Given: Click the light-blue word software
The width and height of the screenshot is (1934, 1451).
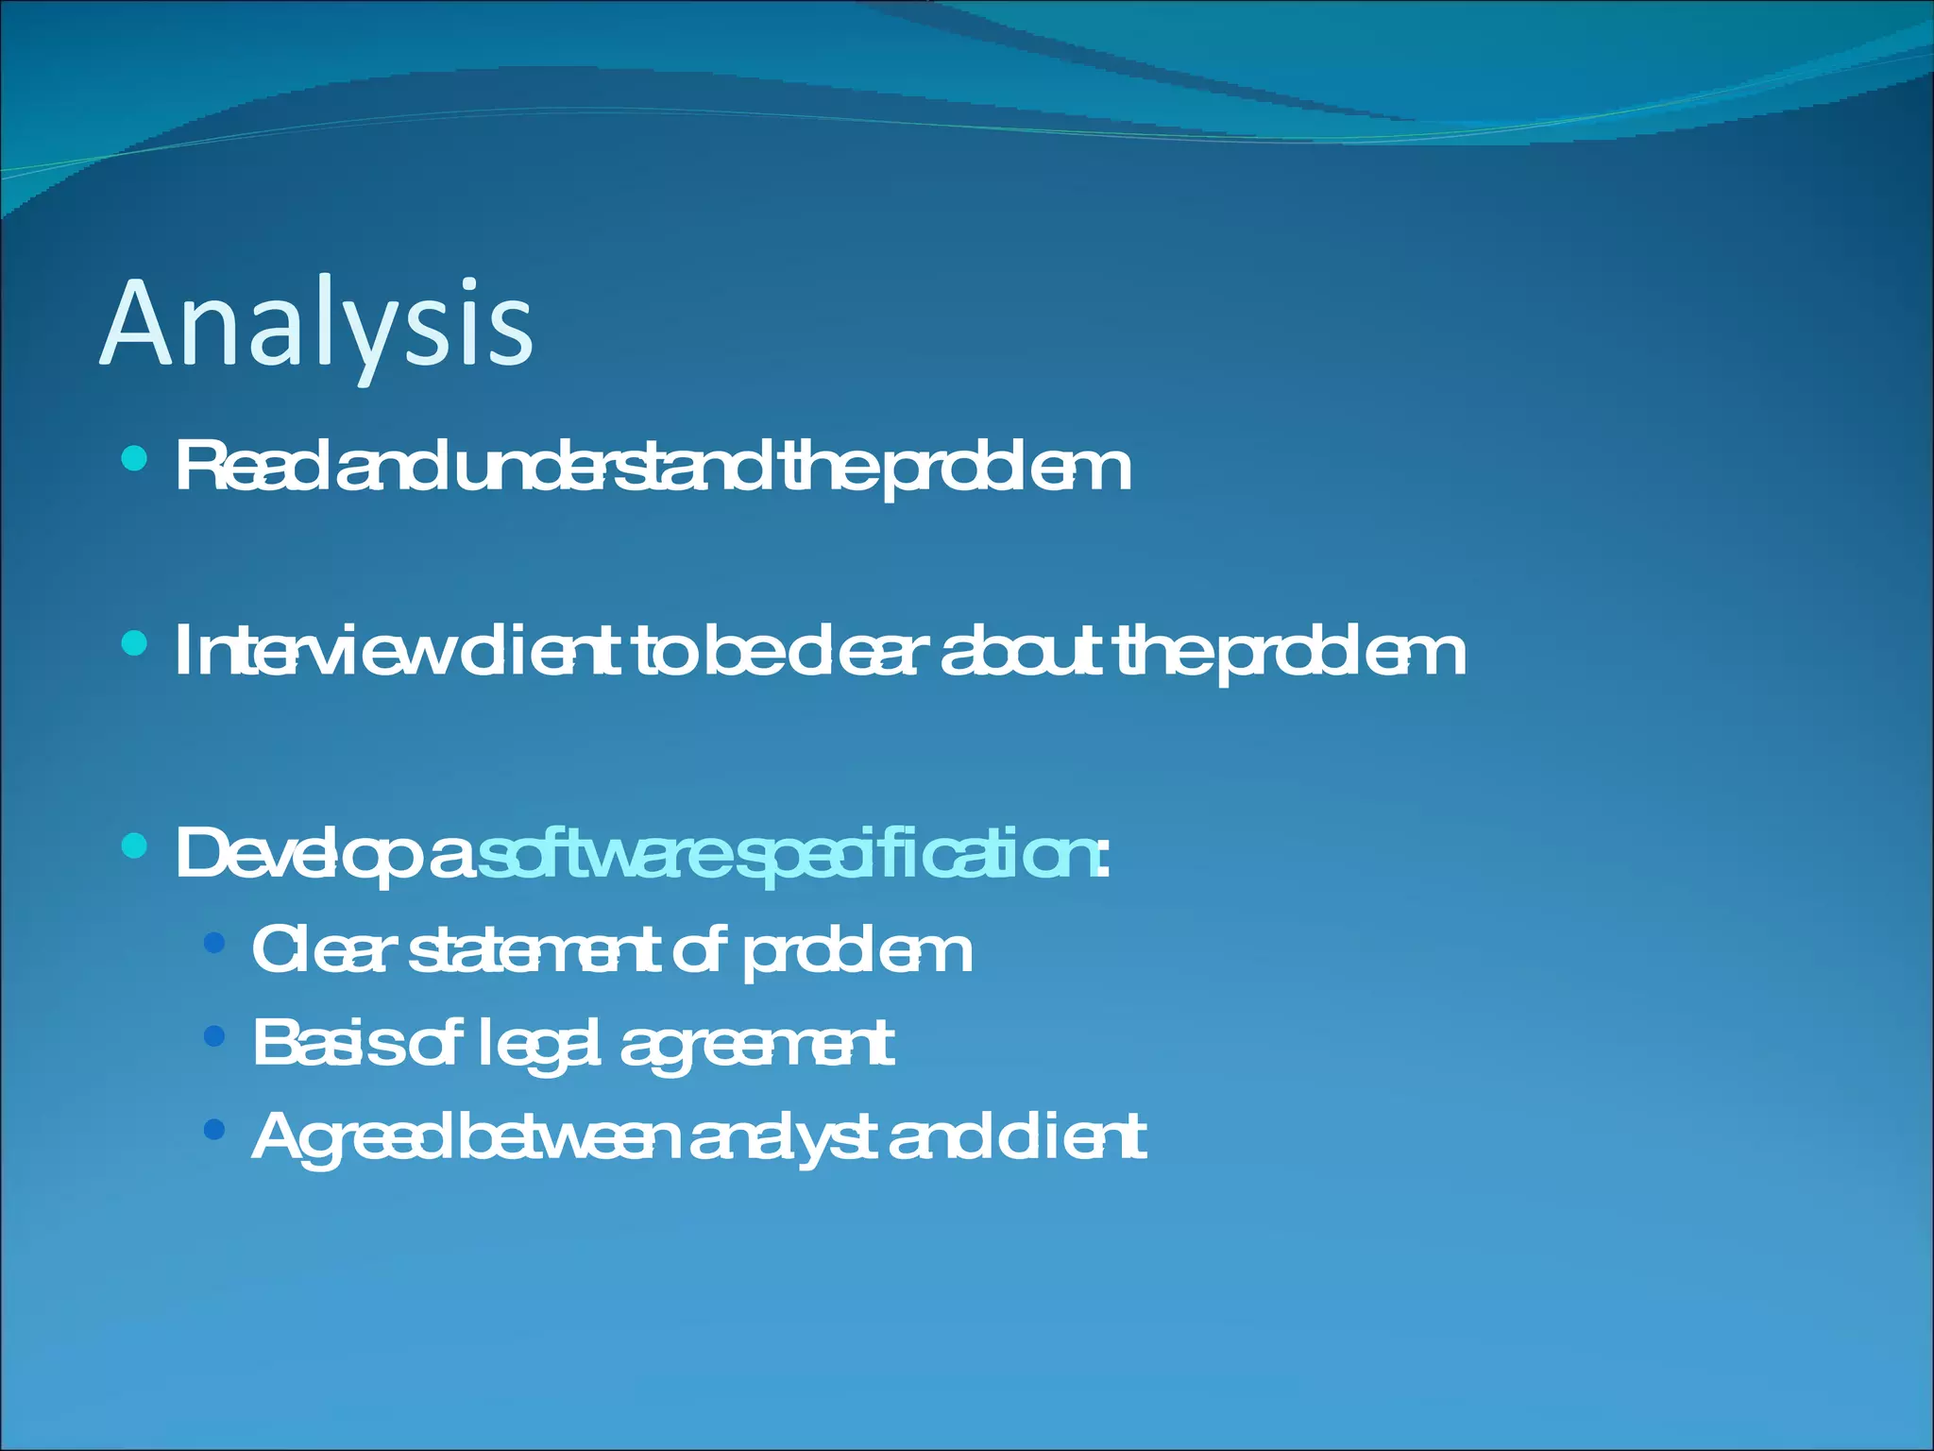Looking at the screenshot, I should [604, 853].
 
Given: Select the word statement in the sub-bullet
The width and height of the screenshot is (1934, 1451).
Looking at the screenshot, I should [534, 950].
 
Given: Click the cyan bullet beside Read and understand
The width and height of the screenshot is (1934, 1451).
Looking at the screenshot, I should [135, 459].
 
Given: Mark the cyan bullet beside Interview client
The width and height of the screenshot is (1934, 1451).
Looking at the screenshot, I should [135, 644].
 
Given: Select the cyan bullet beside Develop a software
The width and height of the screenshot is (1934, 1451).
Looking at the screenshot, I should [135, 845].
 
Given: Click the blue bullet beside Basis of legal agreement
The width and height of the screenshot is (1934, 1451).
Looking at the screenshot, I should [214, 1036].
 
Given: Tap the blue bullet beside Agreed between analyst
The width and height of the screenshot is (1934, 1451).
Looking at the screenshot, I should [214, 1129].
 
